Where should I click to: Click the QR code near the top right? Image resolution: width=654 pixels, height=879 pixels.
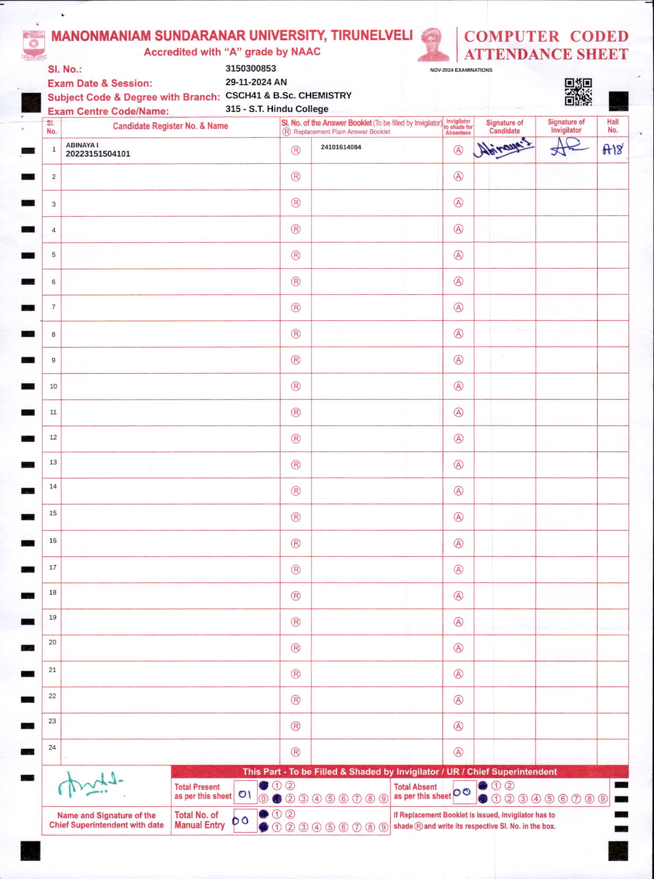coord(578,92)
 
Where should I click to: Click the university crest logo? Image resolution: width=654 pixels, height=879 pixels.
coord(34,46)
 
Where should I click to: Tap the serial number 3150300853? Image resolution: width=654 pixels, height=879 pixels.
coord(251,69)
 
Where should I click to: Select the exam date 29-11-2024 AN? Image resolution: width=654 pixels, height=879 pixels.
coord(256,82)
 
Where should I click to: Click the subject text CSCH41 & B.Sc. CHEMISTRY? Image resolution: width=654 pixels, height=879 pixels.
coord(288,96)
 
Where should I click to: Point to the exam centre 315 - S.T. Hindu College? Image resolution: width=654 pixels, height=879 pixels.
coord(277,109)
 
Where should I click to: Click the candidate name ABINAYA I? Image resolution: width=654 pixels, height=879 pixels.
coord(82,145)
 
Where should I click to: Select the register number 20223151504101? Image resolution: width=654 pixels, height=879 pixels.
coord(98,154)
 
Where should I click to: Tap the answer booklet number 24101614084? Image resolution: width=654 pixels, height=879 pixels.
coord(341,147)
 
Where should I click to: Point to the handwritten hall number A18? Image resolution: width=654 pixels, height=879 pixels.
coord(613,149)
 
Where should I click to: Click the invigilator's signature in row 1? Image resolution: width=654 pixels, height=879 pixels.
coord(567,148)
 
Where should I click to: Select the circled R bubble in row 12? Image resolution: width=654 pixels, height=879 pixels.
coord(296,438)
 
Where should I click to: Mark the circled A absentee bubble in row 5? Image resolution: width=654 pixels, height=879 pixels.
coord(458,255)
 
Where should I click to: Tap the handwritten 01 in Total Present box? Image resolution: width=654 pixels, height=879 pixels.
coord(245,795)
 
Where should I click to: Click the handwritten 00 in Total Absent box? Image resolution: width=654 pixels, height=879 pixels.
coord(462,792)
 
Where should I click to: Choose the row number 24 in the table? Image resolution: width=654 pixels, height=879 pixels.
coord(52,747)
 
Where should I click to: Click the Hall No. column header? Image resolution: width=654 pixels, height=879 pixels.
coord(613,126)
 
